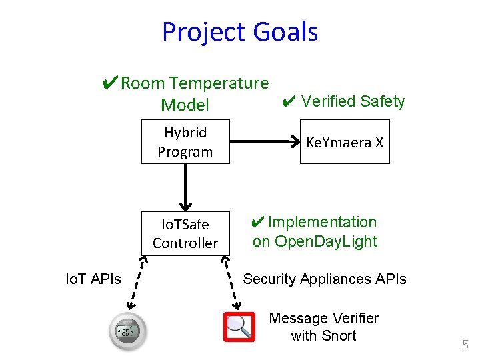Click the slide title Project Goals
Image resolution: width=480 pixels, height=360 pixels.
tap(240, 32)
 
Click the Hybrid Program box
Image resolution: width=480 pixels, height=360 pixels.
tap(185, 142)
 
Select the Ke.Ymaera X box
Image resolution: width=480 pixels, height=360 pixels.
tap(345, 142)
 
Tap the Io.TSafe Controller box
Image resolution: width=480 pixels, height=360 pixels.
tap(185, 233)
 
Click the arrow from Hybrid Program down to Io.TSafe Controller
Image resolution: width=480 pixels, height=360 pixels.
tap(185, 187)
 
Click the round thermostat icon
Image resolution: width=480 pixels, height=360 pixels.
tap(127, 331)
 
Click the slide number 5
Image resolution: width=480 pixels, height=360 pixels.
tap(465, 345)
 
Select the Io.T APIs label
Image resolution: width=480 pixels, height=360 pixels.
tap(93, 279)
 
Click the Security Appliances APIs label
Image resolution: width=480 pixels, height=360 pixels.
tap(325, 279)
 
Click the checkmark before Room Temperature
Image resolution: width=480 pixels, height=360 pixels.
tap(111, 83)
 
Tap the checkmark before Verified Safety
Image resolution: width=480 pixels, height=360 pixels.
tap(289, 102)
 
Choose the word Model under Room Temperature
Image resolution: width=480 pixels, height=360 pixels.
tap(185, 105)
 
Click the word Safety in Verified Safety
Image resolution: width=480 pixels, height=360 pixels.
tap(382, 101)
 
